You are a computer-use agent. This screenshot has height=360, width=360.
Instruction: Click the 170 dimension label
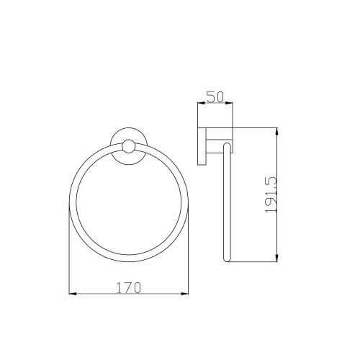pos(128,287)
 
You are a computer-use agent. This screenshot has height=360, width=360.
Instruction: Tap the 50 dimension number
pos(215,97)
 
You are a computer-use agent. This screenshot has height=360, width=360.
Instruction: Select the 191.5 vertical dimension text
pos(271,195)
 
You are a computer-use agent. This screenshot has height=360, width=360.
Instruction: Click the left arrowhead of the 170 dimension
pos(73,294)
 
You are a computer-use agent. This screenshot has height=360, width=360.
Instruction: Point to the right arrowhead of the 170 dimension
pos(185,294)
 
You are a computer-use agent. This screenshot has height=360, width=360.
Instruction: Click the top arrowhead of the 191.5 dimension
pos(276,132)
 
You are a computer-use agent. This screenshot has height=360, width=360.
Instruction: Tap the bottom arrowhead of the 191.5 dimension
pos(276,258)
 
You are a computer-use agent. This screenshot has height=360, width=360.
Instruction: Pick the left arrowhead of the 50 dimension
pos(201,103)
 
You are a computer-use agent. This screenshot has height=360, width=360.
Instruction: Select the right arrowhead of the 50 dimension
pos(229,103)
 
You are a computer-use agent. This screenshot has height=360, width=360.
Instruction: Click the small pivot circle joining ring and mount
pos(129,146)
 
